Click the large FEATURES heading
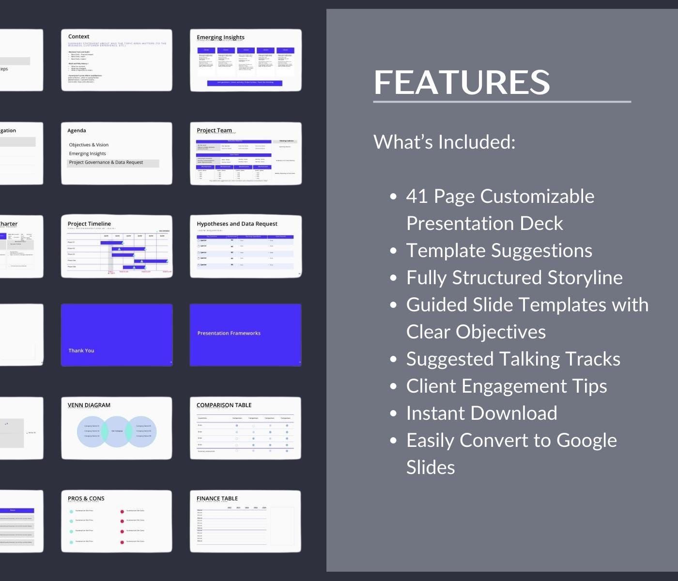point(462,82)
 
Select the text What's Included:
point(444,142)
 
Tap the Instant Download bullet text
point(481,413)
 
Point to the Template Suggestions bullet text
point(499,250)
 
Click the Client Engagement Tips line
point(506,386)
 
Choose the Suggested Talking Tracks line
point(513,359)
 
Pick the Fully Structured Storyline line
point(514,277)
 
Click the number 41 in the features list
point(417,196)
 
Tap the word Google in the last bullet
point(586,440)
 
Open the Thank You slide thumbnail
point(117,335)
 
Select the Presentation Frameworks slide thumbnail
point(246,335)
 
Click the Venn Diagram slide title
point(89,405)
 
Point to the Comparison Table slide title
point(224,405)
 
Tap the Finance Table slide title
point(217,498)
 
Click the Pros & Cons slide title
point(86,498)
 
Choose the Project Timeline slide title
point(89,224)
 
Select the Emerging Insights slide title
point(220,37)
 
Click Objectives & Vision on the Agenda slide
point(89,145)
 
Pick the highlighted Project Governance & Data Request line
point(106,163)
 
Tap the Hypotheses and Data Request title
point(237,224)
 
